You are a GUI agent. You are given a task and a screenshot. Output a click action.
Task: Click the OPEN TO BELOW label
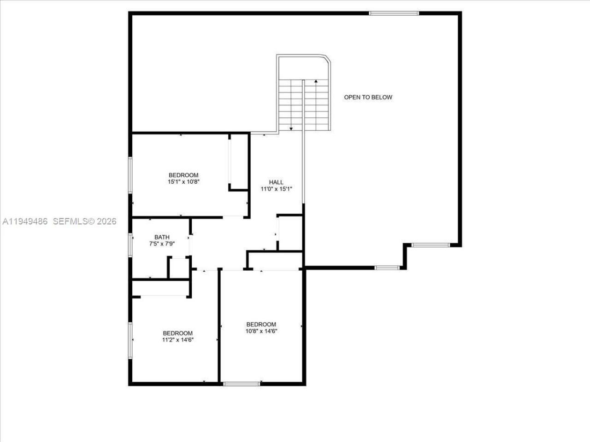point(368,97)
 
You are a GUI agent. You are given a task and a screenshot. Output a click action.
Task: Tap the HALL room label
point(276,182)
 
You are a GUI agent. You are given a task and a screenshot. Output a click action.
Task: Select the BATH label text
point(162,238)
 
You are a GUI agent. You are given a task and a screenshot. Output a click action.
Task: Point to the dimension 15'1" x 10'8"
point(183,182)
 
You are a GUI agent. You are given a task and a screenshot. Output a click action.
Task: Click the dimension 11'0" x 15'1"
point(277,189)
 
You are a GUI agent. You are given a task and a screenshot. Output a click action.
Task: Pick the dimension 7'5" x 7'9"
point(162,244)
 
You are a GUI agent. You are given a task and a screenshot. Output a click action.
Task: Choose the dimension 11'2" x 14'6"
point(177,340)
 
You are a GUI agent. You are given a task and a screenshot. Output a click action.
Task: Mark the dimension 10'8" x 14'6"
point(261,331)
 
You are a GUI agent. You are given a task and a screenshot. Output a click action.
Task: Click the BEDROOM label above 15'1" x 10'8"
point(183,175)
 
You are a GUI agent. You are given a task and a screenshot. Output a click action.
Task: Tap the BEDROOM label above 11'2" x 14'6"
point(177,333)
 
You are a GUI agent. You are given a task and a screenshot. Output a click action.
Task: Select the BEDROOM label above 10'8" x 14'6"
point(261,324)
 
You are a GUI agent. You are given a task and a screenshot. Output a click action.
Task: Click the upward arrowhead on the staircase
point(316,81)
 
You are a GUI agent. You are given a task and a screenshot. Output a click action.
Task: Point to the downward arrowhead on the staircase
point(291,129)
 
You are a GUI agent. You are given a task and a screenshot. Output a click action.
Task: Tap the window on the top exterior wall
point(394,13)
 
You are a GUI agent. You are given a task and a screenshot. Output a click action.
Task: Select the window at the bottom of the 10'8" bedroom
point(241,384)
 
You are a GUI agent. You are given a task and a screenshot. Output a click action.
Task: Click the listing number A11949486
point(25,221)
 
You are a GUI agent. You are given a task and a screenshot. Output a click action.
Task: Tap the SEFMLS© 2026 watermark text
point(85,221)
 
